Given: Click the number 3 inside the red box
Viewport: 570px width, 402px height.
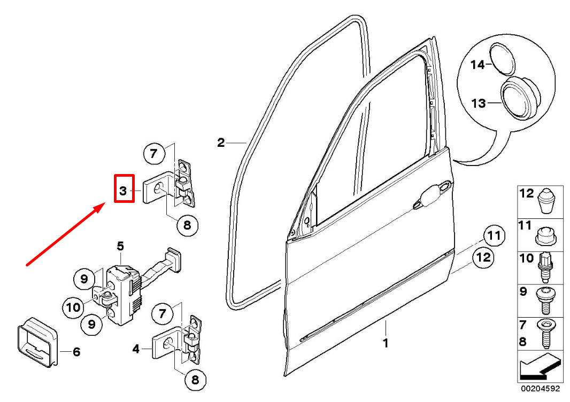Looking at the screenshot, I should pos(123,191).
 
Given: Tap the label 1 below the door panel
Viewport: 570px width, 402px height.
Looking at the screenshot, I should pos(386,343).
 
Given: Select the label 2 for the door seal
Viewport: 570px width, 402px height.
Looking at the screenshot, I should pos(221,143).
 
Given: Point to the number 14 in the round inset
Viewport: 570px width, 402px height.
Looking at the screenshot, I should pos(477,65).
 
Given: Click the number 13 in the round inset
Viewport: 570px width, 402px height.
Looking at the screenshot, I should pos(479,103).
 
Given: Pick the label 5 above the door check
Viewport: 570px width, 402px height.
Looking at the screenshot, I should pos(120,246).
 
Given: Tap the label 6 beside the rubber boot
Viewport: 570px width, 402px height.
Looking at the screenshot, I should pos(76,352).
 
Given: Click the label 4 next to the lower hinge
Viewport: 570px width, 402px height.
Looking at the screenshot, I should pos(136,349).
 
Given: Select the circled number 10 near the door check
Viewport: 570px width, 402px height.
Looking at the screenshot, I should pos(73,307).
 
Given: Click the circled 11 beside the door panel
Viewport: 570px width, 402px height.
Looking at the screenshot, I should pos(495,235).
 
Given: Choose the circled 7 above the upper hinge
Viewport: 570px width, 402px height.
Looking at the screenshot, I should pos(153,155).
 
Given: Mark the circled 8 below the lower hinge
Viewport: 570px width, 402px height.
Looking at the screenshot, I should pos(195,380).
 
